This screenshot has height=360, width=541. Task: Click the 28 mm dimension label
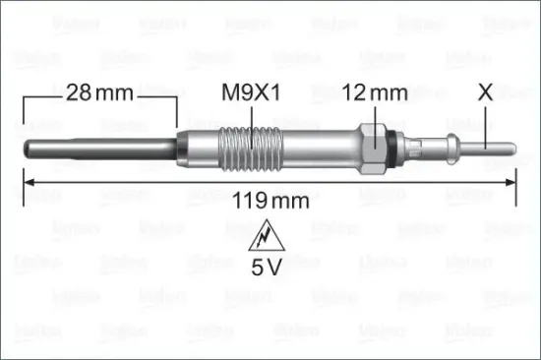click(x=100, y=94)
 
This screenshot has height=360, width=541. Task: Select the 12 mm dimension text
click(x=374, y=94)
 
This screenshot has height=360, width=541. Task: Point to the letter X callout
click(x=484, y=94)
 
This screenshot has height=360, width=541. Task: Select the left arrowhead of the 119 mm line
click(x=29, y=182)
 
